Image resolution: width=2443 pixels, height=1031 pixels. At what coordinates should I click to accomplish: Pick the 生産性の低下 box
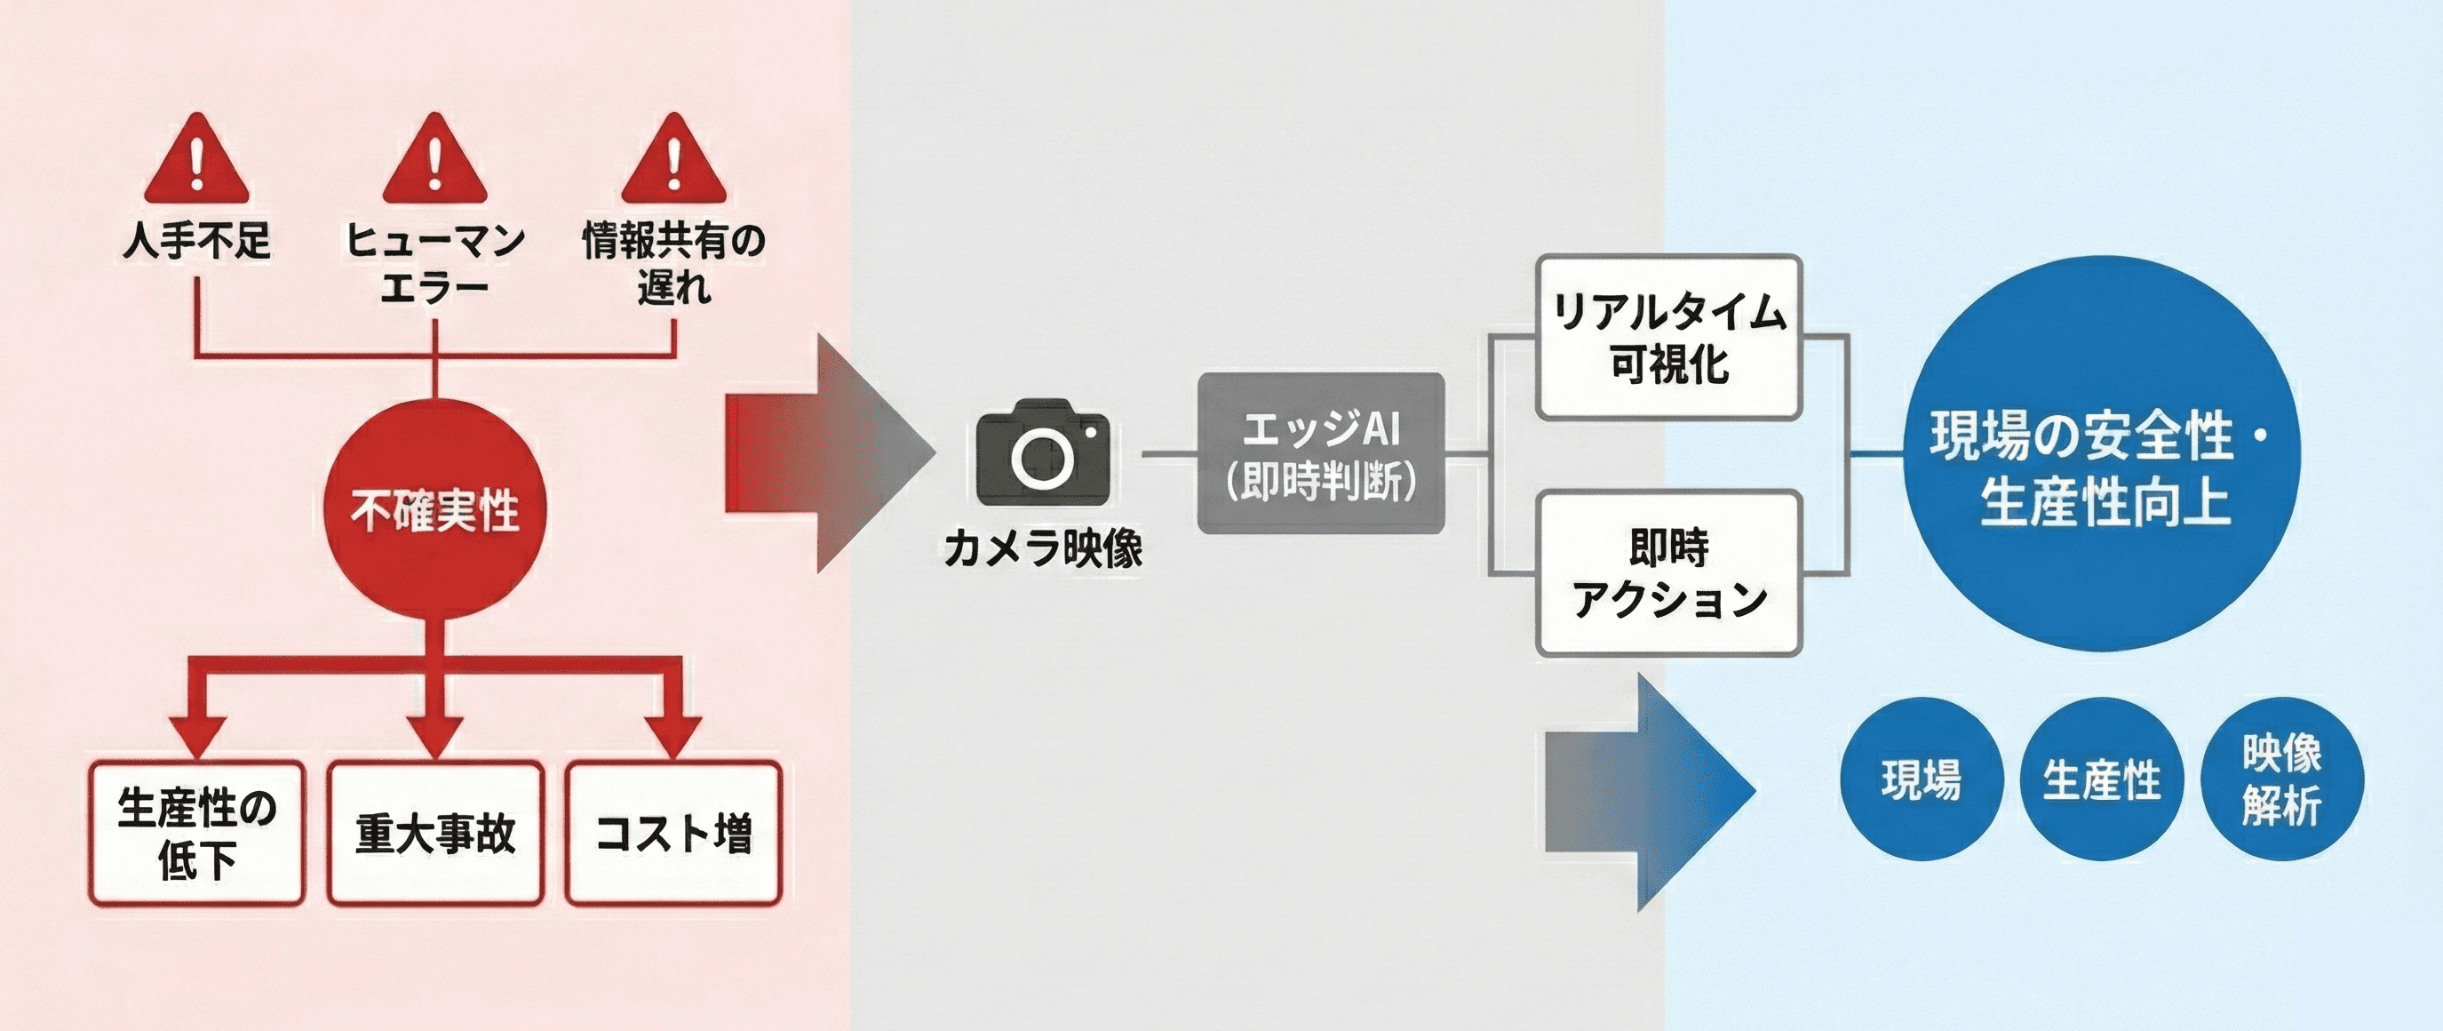(x=197, y=833)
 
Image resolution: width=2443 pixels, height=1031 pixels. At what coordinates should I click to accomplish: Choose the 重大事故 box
(x=435, y=833)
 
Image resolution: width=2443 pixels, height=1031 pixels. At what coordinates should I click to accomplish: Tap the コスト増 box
(x=673, y=833)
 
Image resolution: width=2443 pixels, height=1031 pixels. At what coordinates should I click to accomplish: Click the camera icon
(x=1042, y=453)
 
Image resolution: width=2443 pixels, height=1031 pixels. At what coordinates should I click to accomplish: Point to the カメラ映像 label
(x=1043, y=548)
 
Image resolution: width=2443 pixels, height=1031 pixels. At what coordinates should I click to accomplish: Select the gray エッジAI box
(x=1321, y=453)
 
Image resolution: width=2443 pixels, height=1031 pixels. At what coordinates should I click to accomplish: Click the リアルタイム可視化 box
(x=1669, y=337)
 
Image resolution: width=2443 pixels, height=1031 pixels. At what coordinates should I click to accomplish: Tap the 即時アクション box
(x=1669, y=571)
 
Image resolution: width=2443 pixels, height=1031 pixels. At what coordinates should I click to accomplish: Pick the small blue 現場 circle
(x=1922, y=779)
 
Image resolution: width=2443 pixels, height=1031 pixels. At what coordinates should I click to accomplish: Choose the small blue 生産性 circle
(x=2102, y=779)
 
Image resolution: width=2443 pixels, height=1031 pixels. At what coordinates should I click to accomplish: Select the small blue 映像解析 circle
(x=2282, y=779)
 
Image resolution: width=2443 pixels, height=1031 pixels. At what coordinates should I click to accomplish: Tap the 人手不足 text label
(x=197, y=241)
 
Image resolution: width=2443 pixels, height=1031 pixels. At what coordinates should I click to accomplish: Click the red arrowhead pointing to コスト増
(x=673, y=736)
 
